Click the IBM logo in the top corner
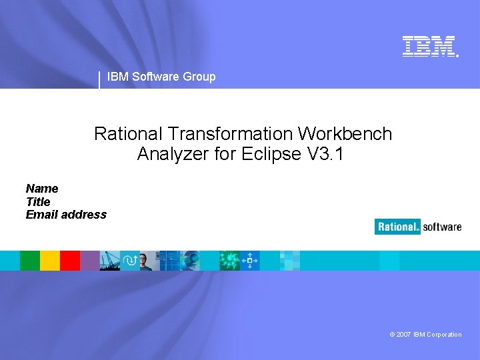point(430,46)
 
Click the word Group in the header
point(199,77)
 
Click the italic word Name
point(42,189)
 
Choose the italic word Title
point(38,201)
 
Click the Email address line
point(66,215)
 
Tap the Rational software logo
point(418,227)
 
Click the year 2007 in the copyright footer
point(403,335)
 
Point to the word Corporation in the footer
point(443,335)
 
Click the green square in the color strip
point(30,260)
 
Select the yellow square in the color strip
point(50,260)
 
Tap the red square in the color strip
point(70,260)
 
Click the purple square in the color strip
point(89,260)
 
